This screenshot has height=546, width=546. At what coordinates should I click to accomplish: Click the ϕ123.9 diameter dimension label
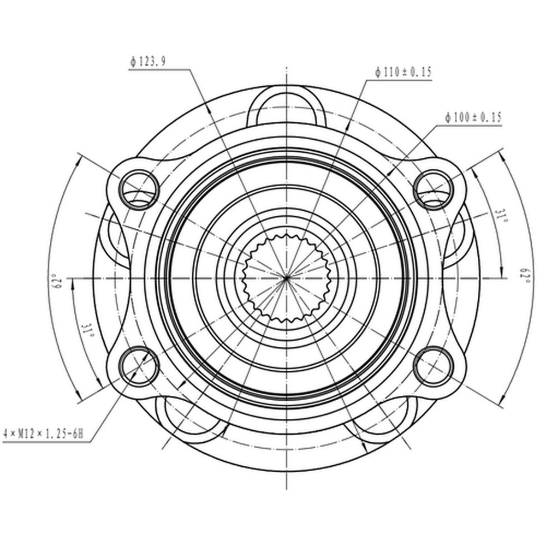point(147,62)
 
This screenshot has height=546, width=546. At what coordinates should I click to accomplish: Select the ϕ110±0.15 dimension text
point(403,72)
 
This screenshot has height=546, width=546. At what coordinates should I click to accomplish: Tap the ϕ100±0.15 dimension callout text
point(473,117)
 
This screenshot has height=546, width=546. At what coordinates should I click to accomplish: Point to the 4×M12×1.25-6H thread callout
point(44,434)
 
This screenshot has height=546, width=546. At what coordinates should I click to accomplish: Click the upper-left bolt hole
point(139,190)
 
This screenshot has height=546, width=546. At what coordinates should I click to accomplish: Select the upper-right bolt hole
point(434,190)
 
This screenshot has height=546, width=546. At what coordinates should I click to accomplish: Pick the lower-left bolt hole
point(139,366)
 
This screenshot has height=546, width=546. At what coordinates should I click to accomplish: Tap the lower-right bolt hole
point(434,366)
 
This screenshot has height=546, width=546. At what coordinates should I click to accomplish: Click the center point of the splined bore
point(286,278)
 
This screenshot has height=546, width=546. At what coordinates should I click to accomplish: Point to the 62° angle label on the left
point(57,281)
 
